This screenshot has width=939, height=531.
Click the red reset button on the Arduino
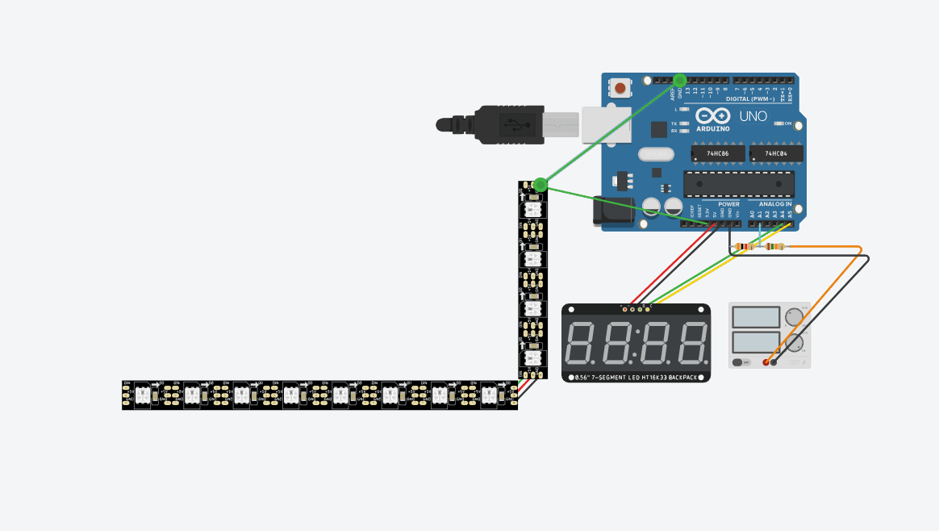[620, 87]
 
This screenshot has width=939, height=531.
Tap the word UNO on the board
[753, 117]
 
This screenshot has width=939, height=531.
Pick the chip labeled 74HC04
[775, 153]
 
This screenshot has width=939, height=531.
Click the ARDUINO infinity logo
[712, 118]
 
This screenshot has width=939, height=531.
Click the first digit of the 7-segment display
[584, 343]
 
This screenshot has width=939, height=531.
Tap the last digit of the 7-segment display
[692, 343]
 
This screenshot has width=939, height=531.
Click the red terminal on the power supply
[766, 362]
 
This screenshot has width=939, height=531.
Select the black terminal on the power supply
[774, 362]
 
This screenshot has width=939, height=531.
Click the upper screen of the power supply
[756, 317]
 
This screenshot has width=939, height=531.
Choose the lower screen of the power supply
[756, 342]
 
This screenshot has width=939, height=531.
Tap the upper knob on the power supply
[794, 316]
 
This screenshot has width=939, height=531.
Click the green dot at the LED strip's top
[540, 185]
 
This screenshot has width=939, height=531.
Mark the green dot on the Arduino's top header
[679, 80]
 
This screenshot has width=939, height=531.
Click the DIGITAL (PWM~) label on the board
[749, 98]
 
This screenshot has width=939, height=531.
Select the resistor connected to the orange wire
[775, 246]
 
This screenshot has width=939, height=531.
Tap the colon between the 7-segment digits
[638, 342]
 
